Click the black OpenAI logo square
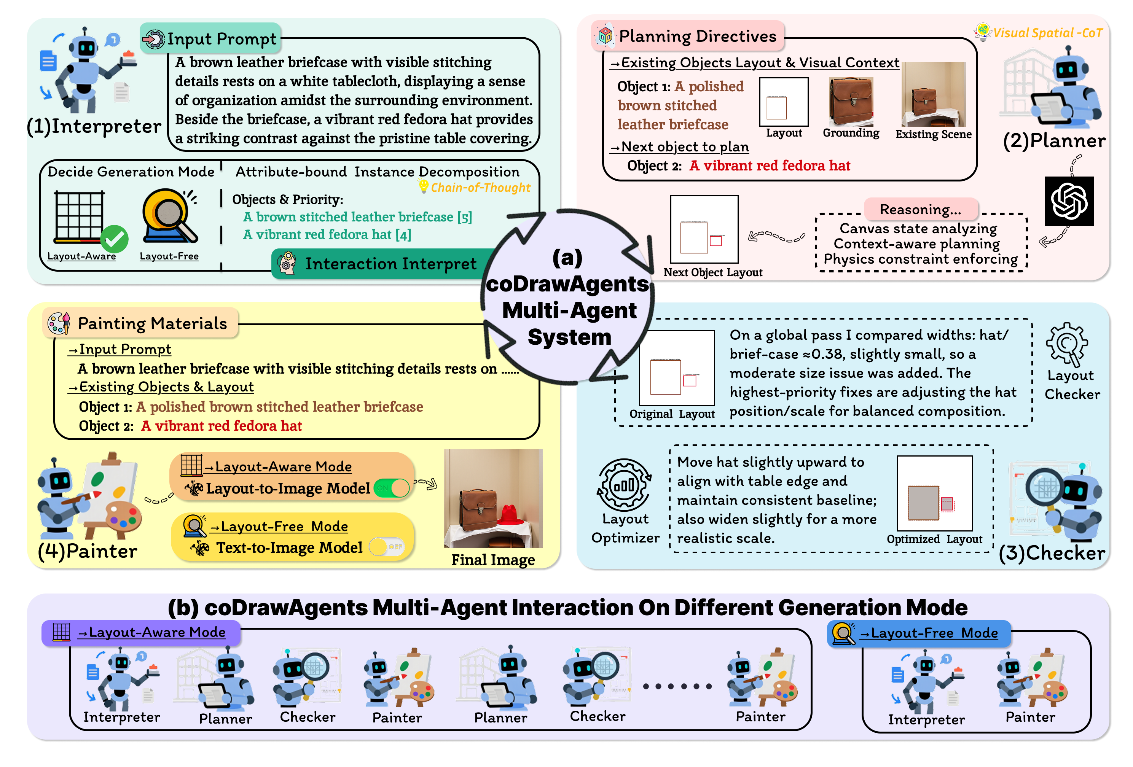[x=1069, y=201]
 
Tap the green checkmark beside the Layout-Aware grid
[x=114, y=239]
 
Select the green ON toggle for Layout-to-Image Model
[x=392, y=488]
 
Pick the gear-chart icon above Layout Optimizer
[x=624, y=484]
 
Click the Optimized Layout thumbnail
[x=935, y=493]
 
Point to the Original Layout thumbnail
[x=677, y=368]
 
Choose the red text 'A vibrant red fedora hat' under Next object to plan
[x=769, y=165]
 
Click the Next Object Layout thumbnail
[x=704, y=229]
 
